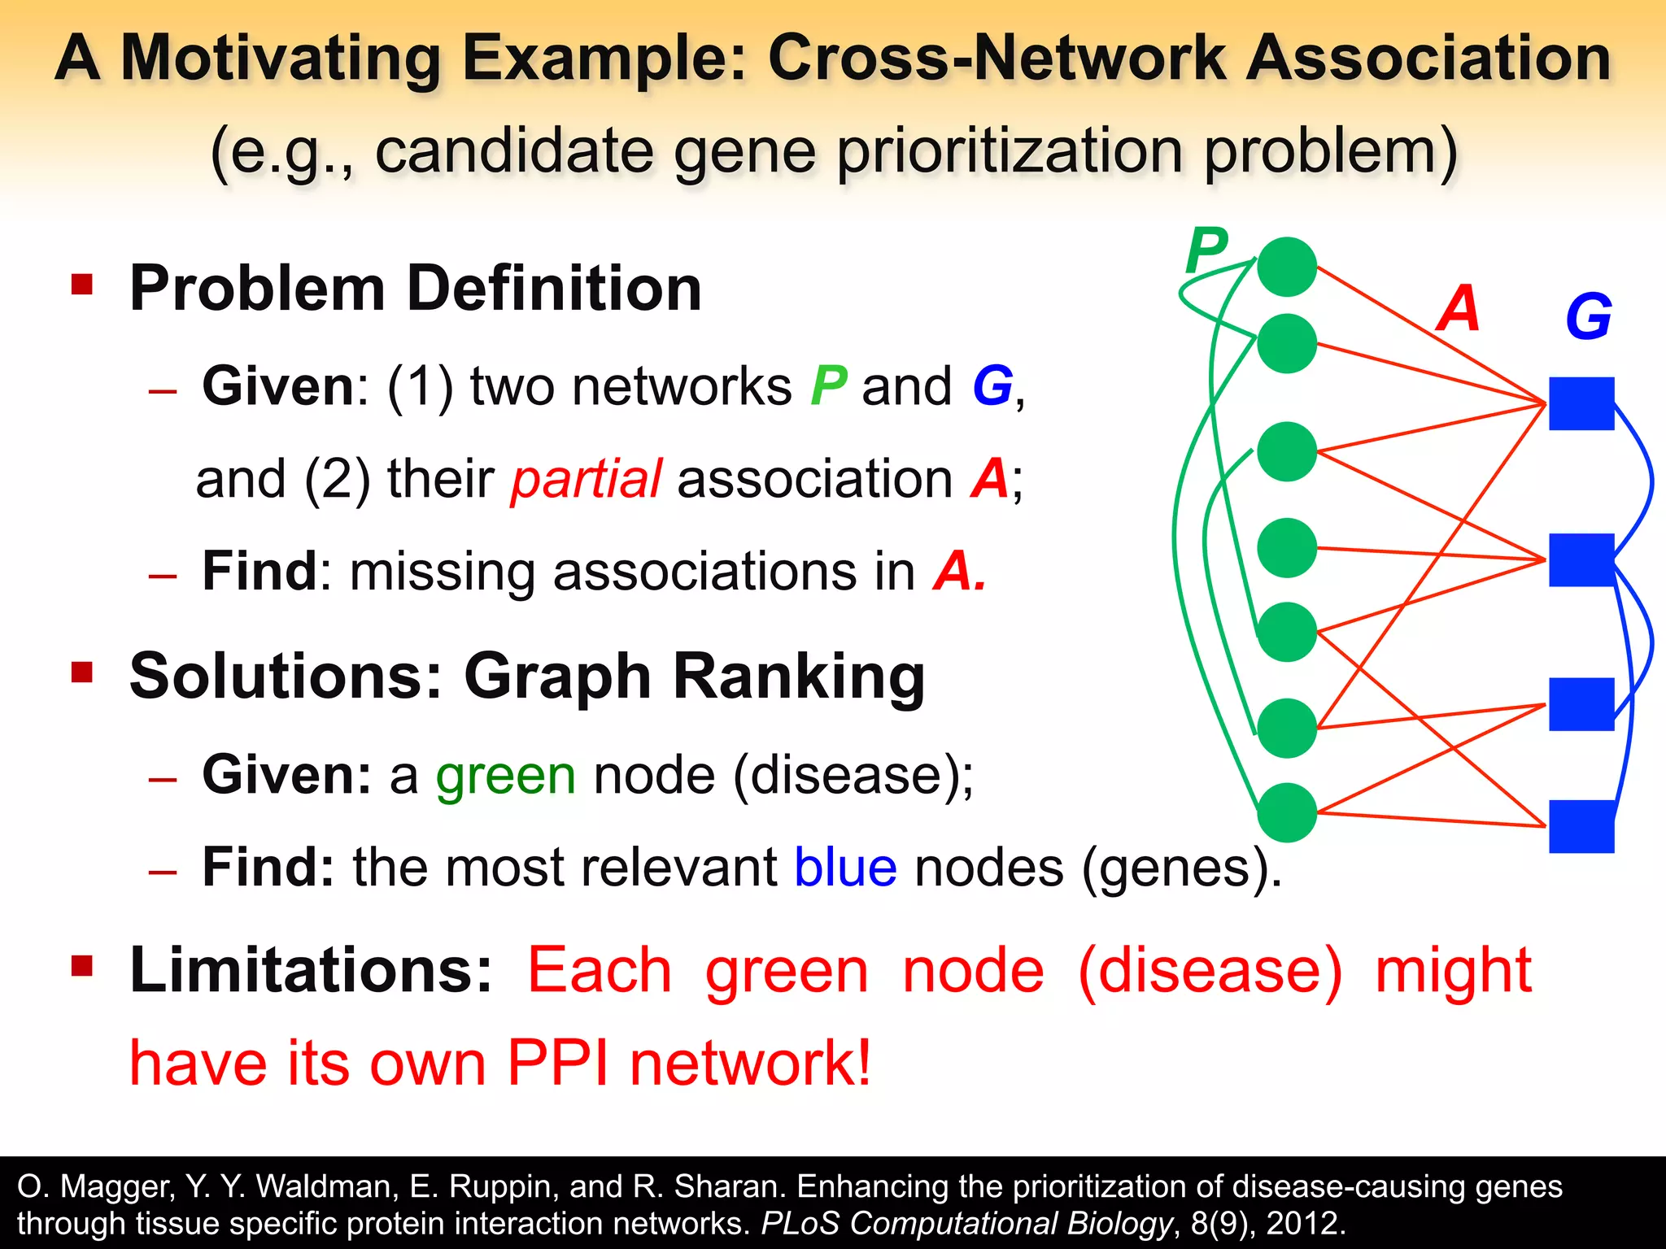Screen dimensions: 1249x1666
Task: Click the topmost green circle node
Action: pos(1286,267)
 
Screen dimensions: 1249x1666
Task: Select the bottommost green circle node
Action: pos(1286,812)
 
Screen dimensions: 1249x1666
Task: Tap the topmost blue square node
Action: pos(1581,403)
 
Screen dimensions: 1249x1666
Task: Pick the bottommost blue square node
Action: pos(1581,826)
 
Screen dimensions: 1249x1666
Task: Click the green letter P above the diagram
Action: pos(1206,251)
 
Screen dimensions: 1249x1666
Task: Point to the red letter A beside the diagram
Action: pos(1458,309)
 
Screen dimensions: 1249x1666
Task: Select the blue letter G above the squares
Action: pos(1588,317)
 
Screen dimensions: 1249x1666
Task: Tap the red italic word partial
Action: pos(586,479)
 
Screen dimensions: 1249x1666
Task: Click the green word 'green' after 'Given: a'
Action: pos(506,775)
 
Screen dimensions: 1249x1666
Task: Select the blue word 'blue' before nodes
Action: pos(845,868)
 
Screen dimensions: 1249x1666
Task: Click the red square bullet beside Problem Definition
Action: pos(82,285)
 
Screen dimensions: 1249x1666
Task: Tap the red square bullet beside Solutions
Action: pos(82,672)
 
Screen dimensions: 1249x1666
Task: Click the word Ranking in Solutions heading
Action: pos(799,677)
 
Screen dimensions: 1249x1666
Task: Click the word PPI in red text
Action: pos(557,1063)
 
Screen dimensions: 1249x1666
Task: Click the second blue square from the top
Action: pos(1581,560)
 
